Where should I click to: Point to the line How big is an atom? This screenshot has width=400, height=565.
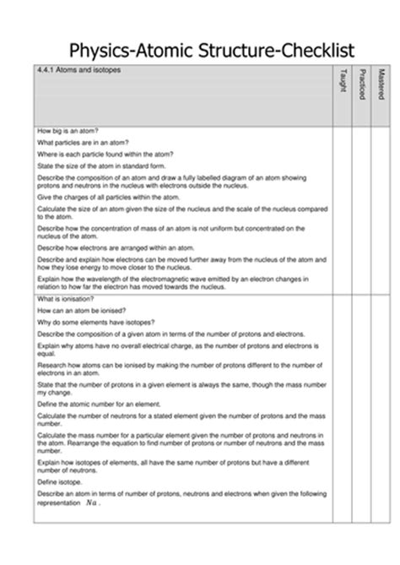68,131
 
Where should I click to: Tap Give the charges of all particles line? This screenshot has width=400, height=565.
100,196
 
